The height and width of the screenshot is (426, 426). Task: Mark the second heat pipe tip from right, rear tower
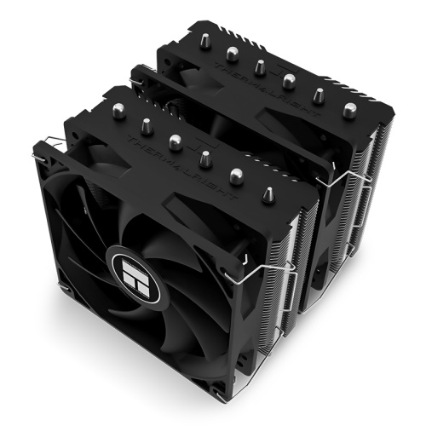click(x=318, y=95)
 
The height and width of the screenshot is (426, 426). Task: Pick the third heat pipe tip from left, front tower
click(x=176, y=141)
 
